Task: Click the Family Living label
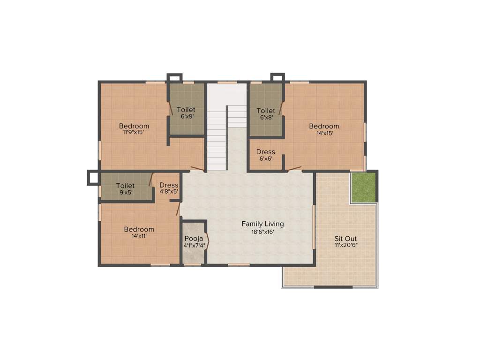click(262, 224)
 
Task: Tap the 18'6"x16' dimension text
click(262, 232)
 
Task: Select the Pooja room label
click(194, 238)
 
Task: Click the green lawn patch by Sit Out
click(363, 187)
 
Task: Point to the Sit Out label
click(346, 238)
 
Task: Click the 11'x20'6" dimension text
click(346, 245)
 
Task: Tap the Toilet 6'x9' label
click(186, 110)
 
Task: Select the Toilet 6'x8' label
click(266, 111)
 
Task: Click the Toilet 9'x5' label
click(125, 186)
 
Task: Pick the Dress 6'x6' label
click(266, 152)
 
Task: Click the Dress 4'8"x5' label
click(169, 185)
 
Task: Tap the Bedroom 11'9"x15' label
click(134, 126)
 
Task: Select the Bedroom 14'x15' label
click(324, 126)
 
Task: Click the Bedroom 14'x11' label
click(139, 229)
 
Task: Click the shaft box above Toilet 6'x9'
click(174, 78)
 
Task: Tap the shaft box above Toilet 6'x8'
click(277, 77)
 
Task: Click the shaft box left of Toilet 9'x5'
click(93, 178)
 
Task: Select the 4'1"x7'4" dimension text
click(194, 245)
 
